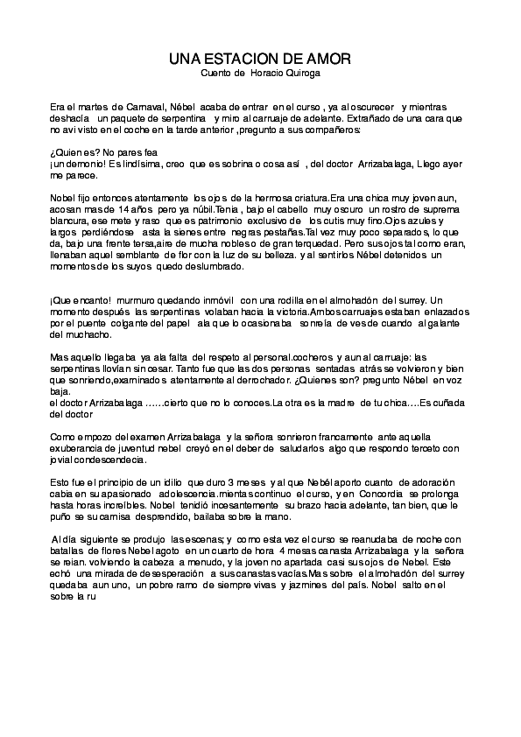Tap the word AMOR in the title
pyautogui.click(x=329, y=59)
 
